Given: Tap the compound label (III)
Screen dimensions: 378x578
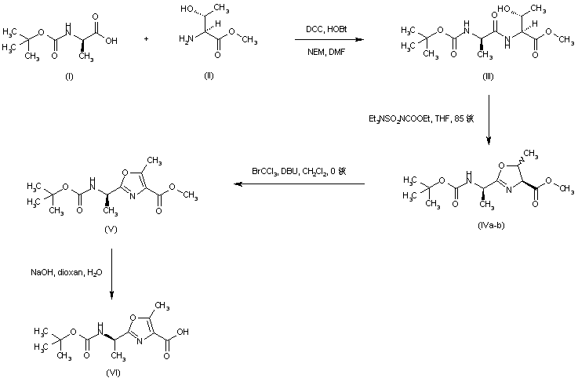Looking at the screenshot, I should coord(488,75).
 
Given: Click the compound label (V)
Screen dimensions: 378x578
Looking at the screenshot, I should coord(110,231).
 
